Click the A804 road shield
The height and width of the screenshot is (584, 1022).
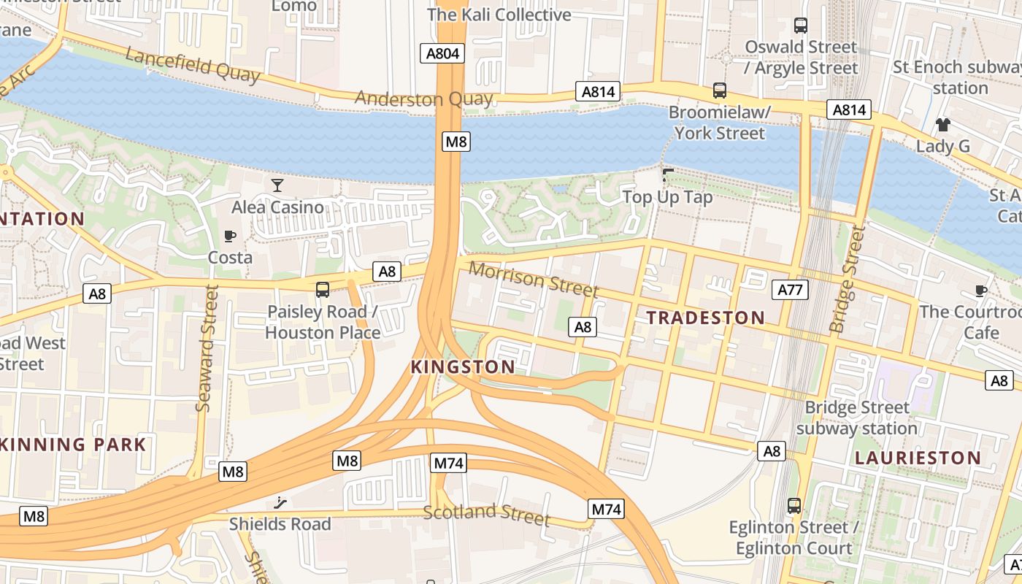442,53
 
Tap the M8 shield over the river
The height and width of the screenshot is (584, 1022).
456,142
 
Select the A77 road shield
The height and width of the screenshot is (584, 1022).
790,290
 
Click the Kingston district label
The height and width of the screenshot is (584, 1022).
463,366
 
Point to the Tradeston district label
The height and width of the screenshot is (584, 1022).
705,318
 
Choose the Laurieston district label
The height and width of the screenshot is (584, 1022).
918,458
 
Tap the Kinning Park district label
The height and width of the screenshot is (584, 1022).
73,444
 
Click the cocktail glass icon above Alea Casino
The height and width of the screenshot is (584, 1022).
277,185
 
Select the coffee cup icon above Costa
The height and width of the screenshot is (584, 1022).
230,236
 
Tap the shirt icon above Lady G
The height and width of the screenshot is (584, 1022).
943,125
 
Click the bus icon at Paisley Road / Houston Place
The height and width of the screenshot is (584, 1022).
323,290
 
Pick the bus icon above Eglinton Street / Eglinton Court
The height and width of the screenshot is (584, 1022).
794,505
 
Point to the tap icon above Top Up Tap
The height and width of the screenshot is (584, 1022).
667,175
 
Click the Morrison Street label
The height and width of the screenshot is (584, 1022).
533,279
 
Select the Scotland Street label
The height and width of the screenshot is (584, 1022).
487,514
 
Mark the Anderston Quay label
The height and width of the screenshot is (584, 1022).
423,99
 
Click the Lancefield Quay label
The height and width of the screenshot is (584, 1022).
193,65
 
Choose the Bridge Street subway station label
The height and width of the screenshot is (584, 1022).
857,418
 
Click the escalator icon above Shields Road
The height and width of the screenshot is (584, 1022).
280,502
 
